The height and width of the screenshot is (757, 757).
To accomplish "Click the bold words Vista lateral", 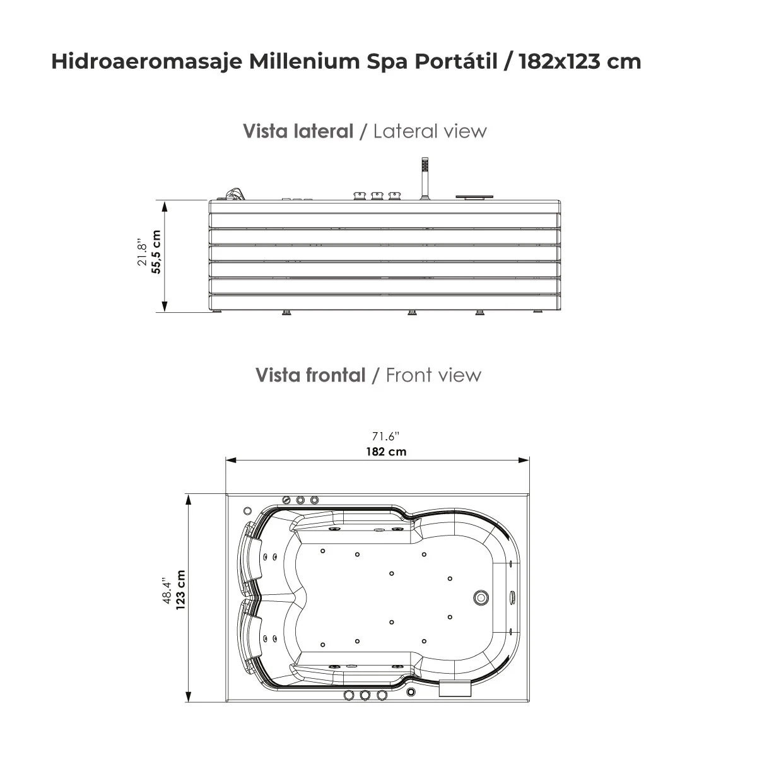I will pos(298,131).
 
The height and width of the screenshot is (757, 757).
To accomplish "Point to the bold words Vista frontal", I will pos(310,375).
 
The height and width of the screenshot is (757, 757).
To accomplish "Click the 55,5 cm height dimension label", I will pos(156,252).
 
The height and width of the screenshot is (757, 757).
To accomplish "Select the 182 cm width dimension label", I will pos(386,452).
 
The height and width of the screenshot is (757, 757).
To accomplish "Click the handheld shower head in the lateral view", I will pos(425,165).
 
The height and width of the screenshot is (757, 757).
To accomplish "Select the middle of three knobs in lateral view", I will pos(378,196).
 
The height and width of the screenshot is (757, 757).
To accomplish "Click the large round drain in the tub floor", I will pos(482,597).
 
